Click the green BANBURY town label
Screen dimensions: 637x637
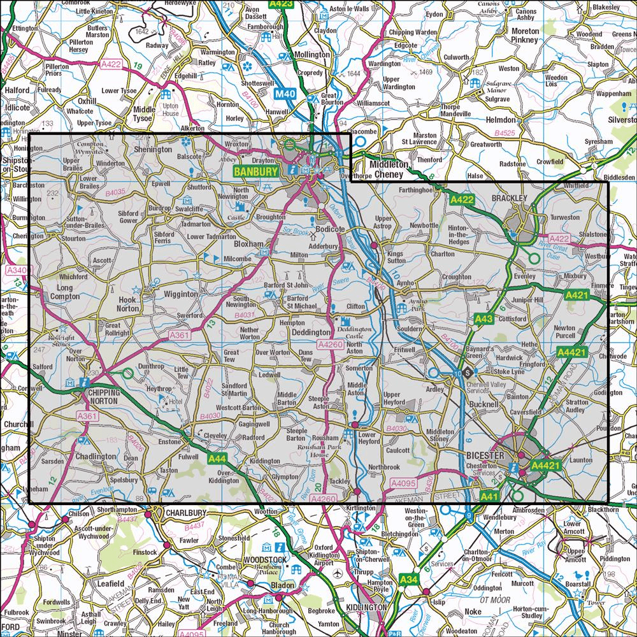point(255,171)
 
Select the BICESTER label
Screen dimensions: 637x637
point(485,456)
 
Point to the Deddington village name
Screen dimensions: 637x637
point(311,333)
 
